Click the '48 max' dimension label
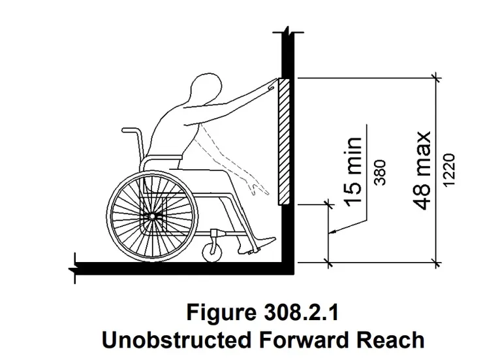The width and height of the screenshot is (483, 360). click(x=422, y=171)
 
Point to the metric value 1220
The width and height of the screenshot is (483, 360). click(x=450, y=170)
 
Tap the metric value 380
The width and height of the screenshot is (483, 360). click(x=380, y=172)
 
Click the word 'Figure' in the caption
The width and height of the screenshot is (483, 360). click(x=221, y=312)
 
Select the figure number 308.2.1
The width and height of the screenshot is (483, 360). click(x=301, y=312)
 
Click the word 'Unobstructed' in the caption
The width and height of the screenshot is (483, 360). click(x=176, y=340)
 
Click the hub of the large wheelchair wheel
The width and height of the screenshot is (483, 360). click(x=152, y=216)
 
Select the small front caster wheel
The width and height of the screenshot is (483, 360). click(x=212, y=252)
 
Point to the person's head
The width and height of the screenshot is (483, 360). click(x=206, y=88)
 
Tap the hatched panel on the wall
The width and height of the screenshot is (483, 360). click(x=284, y=142)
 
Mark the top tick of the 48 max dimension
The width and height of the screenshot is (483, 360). click(x=435, y=78)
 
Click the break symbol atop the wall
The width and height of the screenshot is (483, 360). click(x=288, y=32)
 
